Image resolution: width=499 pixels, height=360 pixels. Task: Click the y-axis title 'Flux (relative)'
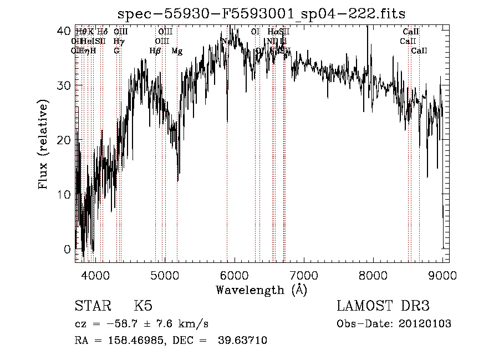[43, 145]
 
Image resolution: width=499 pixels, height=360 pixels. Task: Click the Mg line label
[177, 51]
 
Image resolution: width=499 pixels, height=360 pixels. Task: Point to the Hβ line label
[155, 51]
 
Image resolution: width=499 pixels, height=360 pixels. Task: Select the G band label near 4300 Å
[116, 51]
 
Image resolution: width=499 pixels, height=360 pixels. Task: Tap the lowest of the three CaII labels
[419, 51]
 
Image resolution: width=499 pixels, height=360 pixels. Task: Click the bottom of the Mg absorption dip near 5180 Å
[177, 180]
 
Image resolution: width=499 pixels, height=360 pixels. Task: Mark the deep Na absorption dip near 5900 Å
[227, 120]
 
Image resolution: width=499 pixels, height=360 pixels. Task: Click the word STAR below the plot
[92, 306]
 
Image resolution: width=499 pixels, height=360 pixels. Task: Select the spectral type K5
[143, 306]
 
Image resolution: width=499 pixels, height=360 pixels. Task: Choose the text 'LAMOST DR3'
[383, 306]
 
